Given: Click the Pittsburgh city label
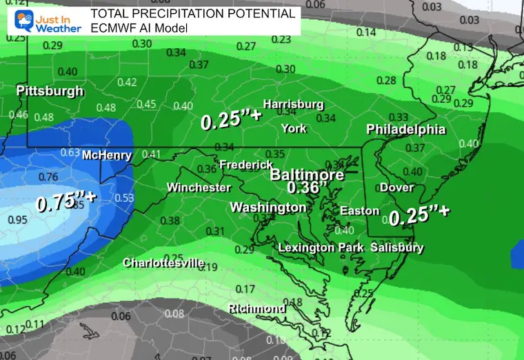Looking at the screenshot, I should click(50, 91).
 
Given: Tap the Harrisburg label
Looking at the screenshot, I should click(293, 104).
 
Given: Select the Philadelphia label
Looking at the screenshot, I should click(405, 130).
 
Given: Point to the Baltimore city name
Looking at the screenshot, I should click(307, 175).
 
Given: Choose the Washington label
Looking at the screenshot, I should click(268, 208).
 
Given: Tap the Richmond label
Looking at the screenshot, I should click(256, 308).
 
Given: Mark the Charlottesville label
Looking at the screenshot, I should click(163, 263).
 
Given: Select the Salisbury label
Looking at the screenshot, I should click(397, 248).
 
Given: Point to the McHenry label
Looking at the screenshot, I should click(107, 155).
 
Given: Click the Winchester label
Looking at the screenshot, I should click(199, 188).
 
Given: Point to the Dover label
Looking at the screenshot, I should click(396, 188).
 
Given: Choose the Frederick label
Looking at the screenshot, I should click(245, 165).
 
